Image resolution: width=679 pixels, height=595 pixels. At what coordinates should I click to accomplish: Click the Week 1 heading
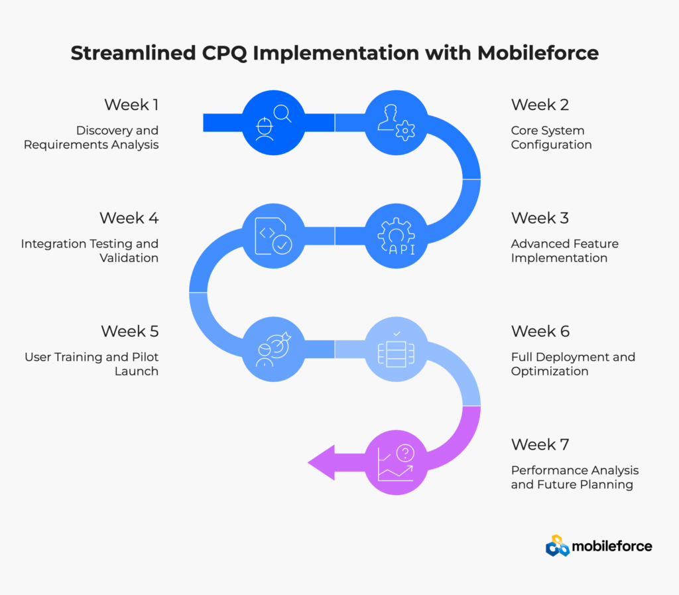tap(131, 105)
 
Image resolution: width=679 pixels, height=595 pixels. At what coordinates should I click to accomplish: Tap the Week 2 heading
tap(540, 105)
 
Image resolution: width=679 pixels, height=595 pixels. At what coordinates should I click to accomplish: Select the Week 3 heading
tap(540, 218)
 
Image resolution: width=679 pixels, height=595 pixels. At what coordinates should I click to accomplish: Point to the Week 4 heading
tap(129, 218)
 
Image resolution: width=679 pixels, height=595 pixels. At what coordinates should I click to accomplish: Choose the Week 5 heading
tap(130, 331)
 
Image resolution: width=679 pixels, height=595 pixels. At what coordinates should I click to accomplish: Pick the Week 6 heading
tap(540, 331)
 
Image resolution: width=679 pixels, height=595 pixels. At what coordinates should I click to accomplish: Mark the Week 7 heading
tap(540, 444)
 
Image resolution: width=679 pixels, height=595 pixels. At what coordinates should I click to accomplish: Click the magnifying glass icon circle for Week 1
tap(273, 123)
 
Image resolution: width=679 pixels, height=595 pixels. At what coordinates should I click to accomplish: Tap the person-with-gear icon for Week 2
tap(397, 123)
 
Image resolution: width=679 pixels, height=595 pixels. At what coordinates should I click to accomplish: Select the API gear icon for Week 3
tap(397, 236)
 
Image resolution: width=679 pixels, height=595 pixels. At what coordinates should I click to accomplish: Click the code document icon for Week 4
tap(273, 236)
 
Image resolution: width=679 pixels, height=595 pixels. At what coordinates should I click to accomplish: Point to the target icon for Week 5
tap(273, 349)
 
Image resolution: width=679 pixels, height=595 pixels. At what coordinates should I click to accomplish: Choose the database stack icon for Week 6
tap(397, 349)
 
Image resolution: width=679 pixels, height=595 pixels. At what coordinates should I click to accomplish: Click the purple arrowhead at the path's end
tap(322, 462)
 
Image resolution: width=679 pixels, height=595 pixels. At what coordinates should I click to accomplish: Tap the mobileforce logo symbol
tap(557, 545)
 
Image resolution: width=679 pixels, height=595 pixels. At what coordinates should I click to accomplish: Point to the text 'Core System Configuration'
tap(551, 137)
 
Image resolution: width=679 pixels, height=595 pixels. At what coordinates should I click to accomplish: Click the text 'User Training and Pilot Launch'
tap(92, 364)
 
